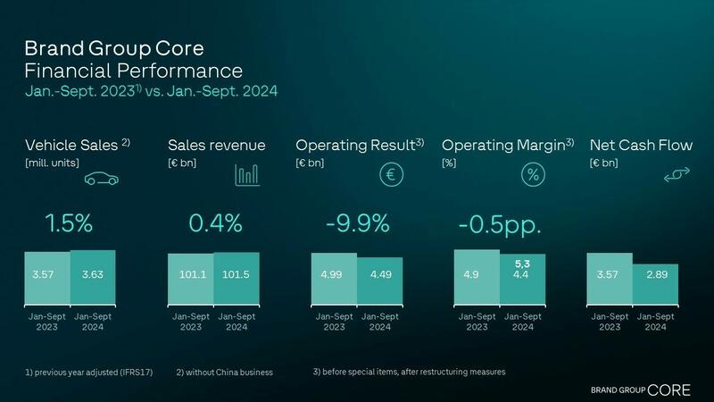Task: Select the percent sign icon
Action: (533, 175)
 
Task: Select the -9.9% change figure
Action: (357, 223)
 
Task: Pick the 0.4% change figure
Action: (212, 223)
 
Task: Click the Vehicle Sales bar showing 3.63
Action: (93, 277)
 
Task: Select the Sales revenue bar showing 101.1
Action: (190, 279)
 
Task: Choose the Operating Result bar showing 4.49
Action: (379, 281)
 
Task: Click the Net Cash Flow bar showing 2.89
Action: (656, 284)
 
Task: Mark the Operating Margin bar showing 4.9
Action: (477, 277)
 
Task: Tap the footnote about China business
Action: (224, 371)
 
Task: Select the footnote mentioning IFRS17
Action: (84, 371)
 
